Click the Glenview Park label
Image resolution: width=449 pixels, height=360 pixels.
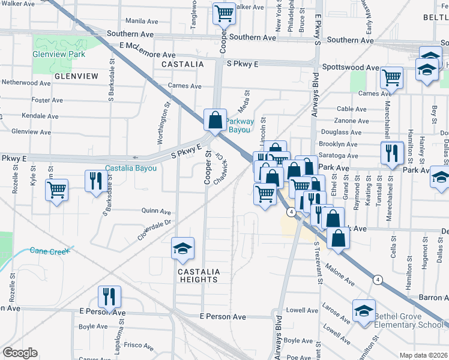[x=59, y=54]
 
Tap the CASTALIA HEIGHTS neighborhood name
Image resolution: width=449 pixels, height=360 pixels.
[x=198, y=275]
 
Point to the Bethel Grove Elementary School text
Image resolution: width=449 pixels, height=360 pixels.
[x=409, y=320]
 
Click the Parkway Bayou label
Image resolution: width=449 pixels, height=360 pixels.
[x=240, y=125]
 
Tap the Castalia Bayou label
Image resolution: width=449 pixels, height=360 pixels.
[x=130, y=169]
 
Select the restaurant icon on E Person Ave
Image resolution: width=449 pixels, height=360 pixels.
[x=109, y=296]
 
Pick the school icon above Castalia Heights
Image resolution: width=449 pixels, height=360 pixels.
[x=182, y=248]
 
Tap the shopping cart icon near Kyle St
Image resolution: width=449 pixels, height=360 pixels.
[x=56, y=190]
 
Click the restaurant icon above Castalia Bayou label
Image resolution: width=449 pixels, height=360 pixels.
[x=96, y=179]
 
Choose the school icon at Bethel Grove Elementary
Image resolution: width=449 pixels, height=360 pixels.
[x=364, y=311]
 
